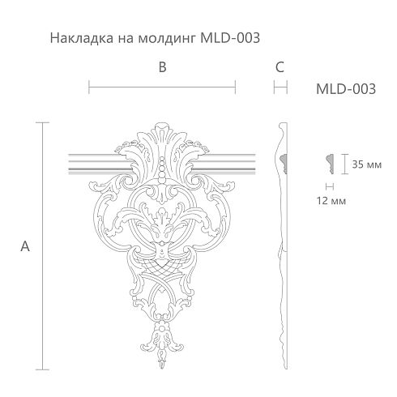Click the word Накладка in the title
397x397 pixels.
(82, 38)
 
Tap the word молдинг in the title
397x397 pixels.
(166, 38)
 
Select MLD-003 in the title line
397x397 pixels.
(230, 38)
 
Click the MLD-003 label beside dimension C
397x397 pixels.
(346, 89)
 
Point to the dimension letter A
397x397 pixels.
(25, 246)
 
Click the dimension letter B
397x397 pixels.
(162, 67)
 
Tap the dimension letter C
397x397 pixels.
(280, 67)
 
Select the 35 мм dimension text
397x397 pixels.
(366, 164)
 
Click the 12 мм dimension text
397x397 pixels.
(331, 201)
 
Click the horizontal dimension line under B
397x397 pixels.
(162, 87)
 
